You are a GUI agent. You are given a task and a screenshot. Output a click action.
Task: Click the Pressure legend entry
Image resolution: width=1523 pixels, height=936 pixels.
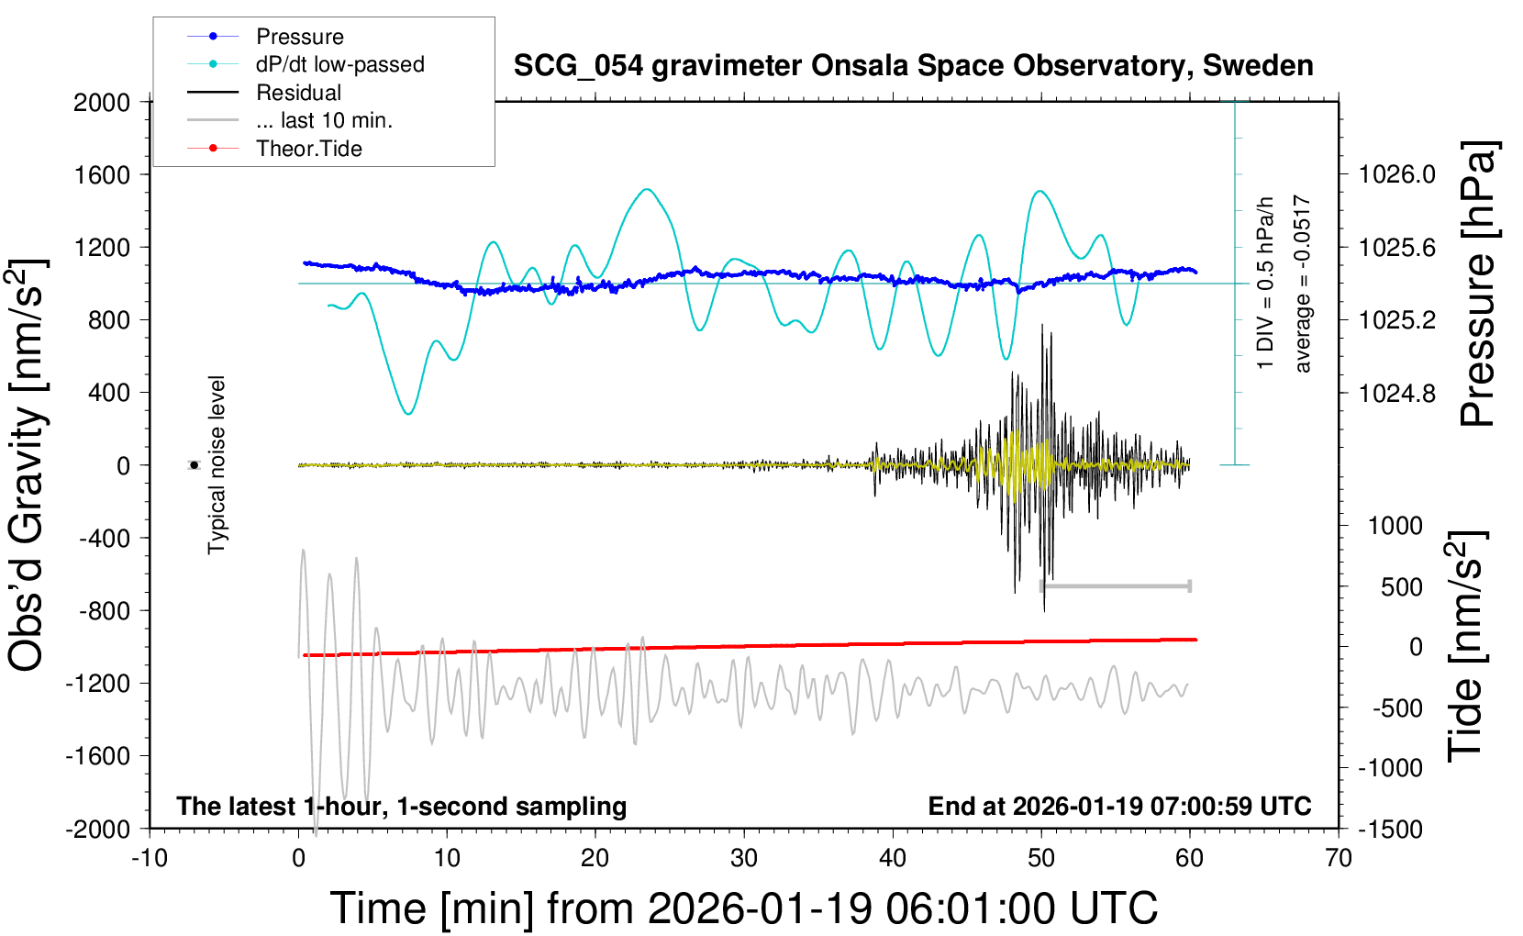(299, 37)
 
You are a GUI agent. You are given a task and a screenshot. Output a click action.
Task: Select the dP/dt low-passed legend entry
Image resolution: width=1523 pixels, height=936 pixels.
(339, 64)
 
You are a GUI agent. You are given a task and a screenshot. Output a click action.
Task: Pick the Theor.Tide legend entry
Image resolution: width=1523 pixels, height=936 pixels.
(308, 149)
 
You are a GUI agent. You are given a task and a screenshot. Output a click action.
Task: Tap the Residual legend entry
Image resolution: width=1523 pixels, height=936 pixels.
(298, 93)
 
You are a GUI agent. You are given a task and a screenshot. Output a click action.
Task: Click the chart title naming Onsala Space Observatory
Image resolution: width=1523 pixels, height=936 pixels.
(913, 66)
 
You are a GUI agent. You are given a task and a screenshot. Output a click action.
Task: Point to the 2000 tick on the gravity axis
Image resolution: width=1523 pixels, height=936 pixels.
(102, 102)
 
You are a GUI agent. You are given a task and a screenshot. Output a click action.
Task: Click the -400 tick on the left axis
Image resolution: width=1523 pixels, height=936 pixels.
(105, 538)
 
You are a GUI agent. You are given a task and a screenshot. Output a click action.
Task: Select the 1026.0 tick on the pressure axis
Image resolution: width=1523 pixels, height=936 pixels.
(1396, 174)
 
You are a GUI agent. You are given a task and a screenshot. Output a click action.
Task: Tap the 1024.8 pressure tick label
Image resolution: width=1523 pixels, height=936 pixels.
(1396, 393)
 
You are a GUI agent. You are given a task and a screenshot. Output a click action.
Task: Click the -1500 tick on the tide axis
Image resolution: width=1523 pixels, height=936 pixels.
(1391, 829)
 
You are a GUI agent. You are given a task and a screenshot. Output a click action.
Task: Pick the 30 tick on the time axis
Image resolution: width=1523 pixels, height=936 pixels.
(744, 858)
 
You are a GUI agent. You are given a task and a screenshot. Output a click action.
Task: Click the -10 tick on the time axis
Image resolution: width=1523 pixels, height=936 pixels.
(150, 858)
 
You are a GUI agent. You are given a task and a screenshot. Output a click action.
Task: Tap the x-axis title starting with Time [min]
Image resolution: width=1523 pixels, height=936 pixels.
(744, 908)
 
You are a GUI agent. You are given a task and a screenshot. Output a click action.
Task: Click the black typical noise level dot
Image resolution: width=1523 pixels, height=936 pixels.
(194, 465)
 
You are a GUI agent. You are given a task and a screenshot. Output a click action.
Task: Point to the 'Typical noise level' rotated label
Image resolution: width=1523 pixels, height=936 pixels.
(217, 465)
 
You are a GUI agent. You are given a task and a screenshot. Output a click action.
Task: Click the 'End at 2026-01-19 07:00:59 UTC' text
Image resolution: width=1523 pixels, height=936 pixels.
(1119, 807)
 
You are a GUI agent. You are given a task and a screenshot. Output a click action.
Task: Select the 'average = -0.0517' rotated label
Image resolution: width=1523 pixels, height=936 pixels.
(1303, 284)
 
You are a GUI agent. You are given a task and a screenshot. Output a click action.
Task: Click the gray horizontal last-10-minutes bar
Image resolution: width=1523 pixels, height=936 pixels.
(1116, 585)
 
